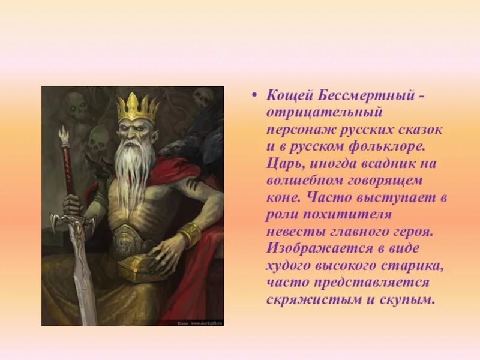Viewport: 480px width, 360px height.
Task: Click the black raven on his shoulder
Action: (x=207, y=132)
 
